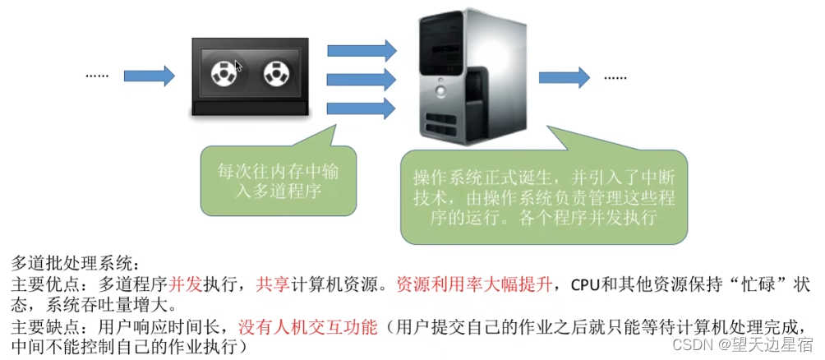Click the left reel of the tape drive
point(221,75)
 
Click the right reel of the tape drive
point(276,75)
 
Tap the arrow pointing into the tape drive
point(155,76)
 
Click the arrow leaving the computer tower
point(565,76)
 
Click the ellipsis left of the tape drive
point(97,76)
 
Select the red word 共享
point(273,284)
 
